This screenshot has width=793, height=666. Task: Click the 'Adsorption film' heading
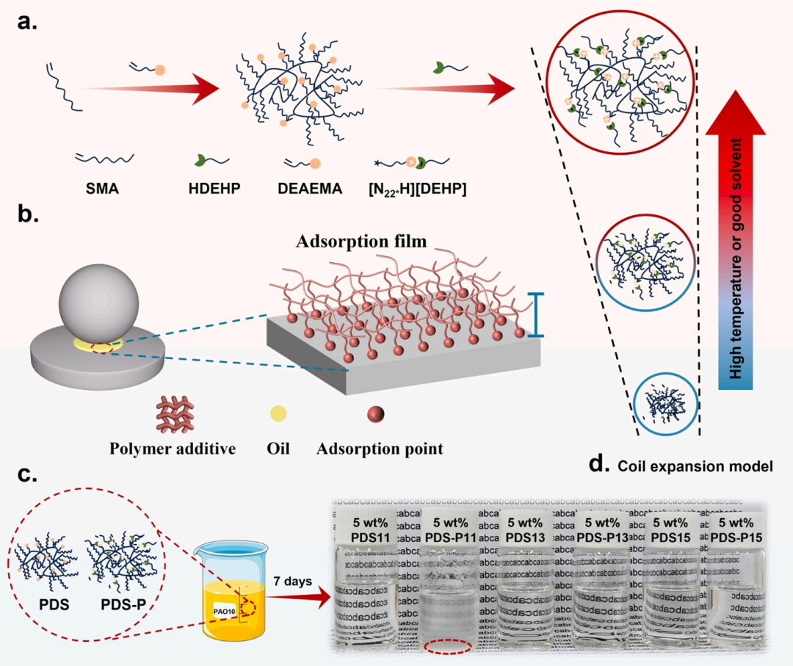tap(363, 241)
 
